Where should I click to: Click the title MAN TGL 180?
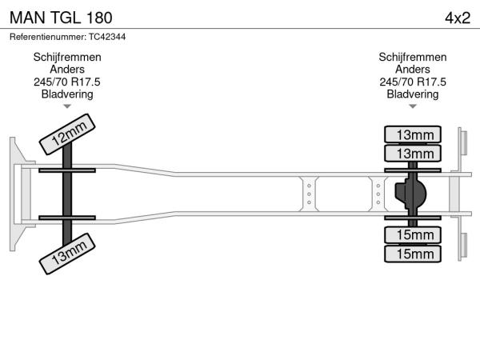pyautogui.click(x=61, y=18)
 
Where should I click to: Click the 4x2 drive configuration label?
pyautogui.click(x=457, y=18)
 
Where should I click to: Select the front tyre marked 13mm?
pyautogui.click(x=69, y=255)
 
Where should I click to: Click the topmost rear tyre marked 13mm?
pyautogui.click(x=412, y=134)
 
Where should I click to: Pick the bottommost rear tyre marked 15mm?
pyautogui.click(x=412, y=254)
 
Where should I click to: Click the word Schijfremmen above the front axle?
pyautogui.click(x=67, y=58)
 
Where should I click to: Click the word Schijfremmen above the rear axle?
pyautogui.click(x=412, y=58)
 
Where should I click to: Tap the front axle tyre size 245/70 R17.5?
pyautogui.click(x=67, y=82)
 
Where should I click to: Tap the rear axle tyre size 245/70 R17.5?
pyautogui.click(x=412, y=82)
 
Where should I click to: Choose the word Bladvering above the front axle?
pyautogui.click(x=67, y=94)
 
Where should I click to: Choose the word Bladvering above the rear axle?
pyautogui.click(x=412, y=94)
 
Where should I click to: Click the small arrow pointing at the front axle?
pyautogui.click(x=67, y=106)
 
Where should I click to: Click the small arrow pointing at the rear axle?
pyautogui.click(x=412, y=106)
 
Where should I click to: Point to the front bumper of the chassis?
pyautogui.click(x=16, y=194)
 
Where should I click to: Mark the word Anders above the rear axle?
pyautogui.click(x=412, y=70)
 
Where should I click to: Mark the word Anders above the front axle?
pyautogui.click(x=67, y=70)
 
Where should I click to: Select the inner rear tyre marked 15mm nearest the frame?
pyautogui.click(x=412, y=234)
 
